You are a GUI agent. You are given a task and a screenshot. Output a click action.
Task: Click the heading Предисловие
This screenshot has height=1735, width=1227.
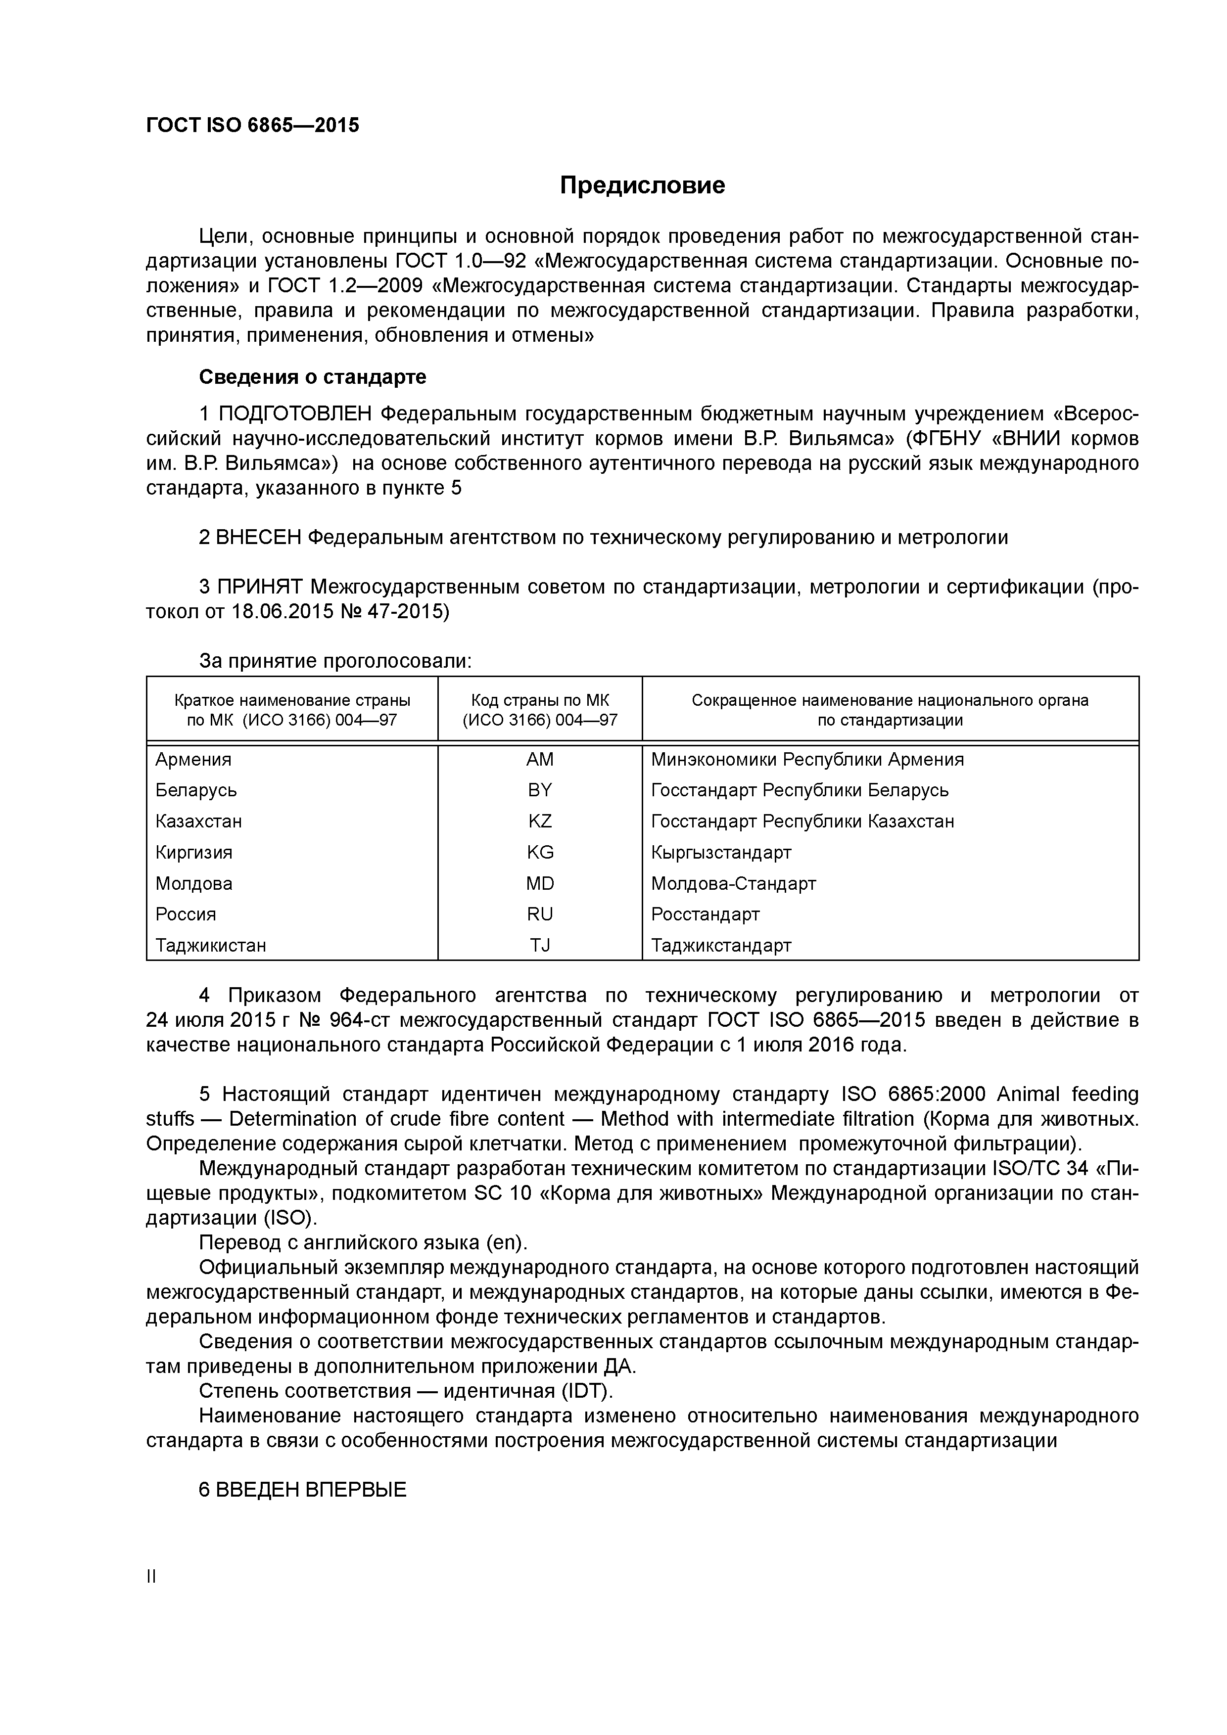(x=642, y=185)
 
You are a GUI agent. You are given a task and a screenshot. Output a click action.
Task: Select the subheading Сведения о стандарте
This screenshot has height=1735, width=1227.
(x=312, y=376)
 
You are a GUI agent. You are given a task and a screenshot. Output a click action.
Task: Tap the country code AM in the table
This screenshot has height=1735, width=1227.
(x=540, y=760)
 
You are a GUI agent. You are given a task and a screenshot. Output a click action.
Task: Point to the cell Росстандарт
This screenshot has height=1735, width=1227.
(x=705, y=914)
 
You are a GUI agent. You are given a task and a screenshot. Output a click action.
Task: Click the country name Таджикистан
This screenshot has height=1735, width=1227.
(x=211, y=945)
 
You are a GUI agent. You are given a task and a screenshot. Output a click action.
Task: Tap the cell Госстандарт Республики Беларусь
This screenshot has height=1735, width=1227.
(x=799, y=790)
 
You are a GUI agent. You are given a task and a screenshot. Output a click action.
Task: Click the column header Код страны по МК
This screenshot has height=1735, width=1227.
(x=540, y=700)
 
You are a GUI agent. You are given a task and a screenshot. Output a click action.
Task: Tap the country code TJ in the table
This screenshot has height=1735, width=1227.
(x=540, y=945)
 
